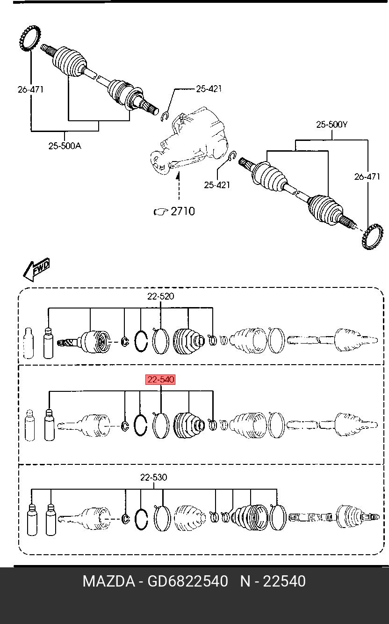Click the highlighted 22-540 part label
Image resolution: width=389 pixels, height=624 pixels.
pyautogui.click(x=160, y=379)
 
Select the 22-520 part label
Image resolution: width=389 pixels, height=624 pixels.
pyautogui.click(x=160, y=296)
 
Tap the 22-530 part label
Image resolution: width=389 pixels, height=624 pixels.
pyautogui.click(x=154, y=477)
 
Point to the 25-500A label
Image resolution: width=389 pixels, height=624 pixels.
pyautogui.click(x=65, y=146)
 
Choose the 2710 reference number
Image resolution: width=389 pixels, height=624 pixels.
pyautogui.click(x=182, y=211)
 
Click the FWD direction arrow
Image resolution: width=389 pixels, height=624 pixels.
pyautogui.click(x=36, y=269)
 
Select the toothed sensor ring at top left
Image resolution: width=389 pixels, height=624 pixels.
pyautogui.click(x=30, y=38)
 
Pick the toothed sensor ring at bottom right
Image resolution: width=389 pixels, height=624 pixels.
pyautogui.click(x=372, y=236)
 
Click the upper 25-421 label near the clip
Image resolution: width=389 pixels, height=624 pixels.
pyautogui.click(x=209, y=89)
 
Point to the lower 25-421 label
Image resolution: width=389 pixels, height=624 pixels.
pyautogui.click(x=217, y=185)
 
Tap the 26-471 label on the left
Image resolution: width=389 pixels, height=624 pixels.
pyautogui.click(x=30, y=89)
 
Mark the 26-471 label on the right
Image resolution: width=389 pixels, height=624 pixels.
pyautogui.click(x=367, y=176)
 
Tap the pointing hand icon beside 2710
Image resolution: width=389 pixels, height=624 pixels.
pyautogui.click(x=161, y=212)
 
